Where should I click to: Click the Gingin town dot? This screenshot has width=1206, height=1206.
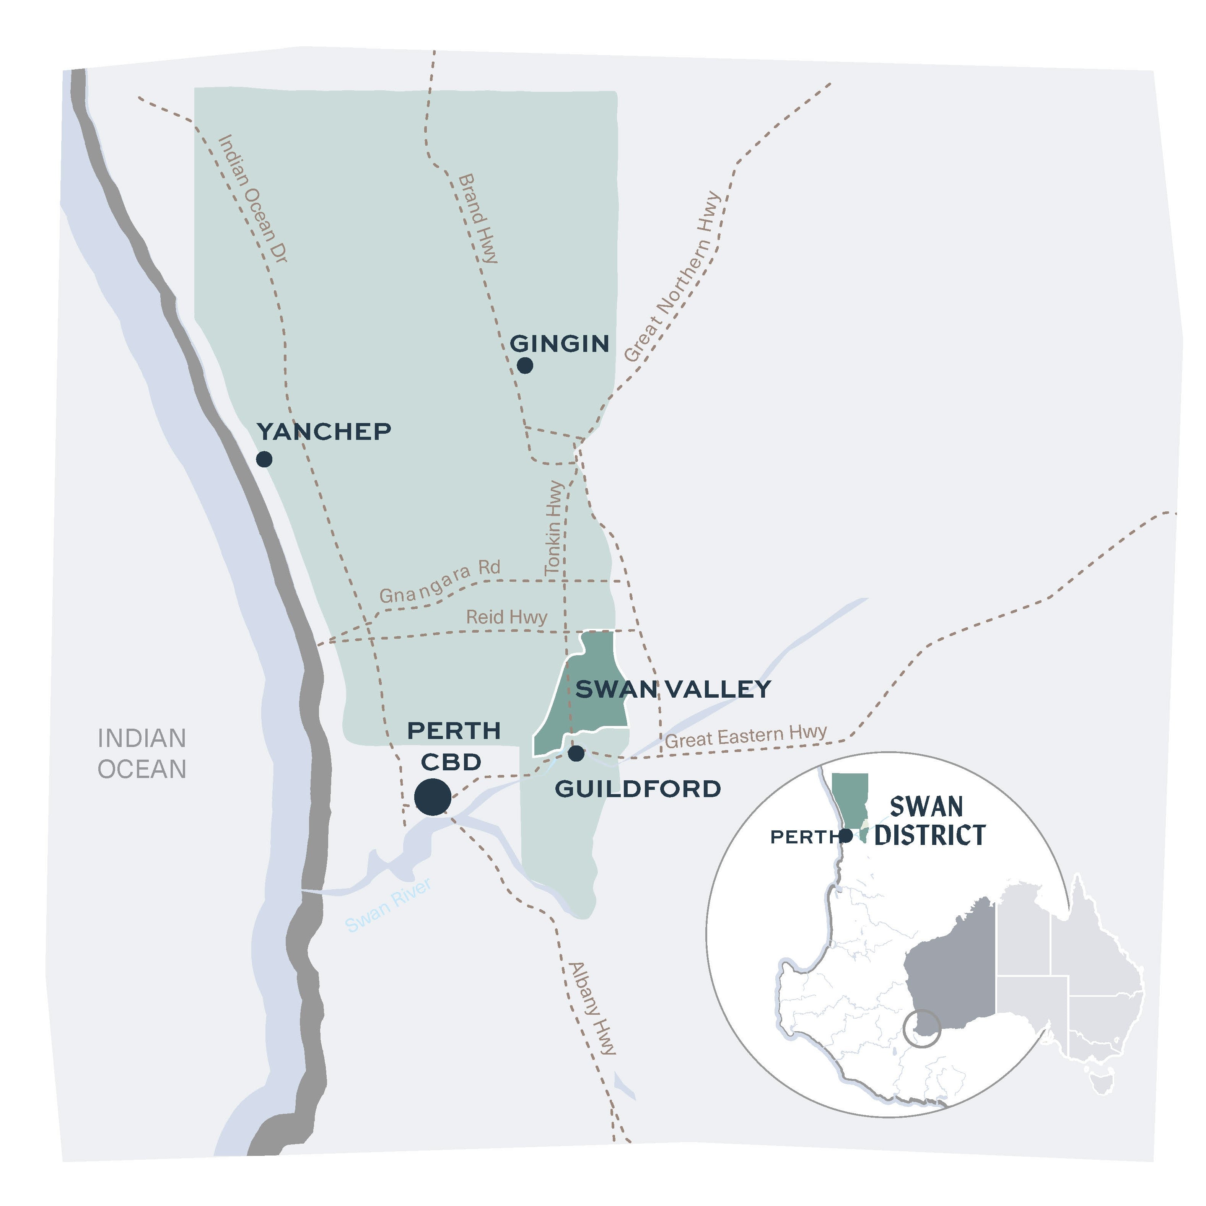click(x=524, y=365)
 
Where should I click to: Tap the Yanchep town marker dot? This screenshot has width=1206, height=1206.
click(x=264, y=459)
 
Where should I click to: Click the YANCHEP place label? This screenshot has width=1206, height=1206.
click(x=324, y=431)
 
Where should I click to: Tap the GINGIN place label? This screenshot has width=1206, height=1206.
click(x=559, y=343)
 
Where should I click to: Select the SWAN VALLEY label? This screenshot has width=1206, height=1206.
click(x=673, y=689)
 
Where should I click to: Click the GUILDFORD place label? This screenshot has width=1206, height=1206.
click(x=637, y=789)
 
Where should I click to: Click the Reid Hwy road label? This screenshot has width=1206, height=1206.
click(x=506, y=617)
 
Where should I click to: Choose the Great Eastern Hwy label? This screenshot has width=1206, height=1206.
click(x=745, y=737)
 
